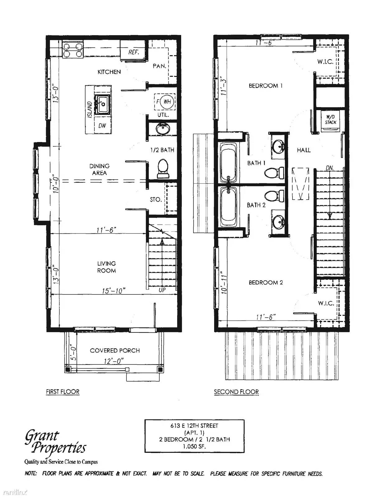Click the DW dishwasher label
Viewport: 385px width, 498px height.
pos(102,126)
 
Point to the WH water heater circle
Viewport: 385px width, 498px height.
pos(167,101)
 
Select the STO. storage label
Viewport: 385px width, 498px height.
pos(156,200)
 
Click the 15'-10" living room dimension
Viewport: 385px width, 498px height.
pos(114,291)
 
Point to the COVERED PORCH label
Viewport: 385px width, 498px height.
pos(115,350)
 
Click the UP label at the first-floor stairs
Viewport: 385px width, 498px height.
pos(162,290)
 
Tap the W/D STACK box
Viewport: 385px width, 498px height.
pos(331,120)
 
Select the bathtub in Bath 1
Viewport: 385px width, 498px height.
pos(228,162)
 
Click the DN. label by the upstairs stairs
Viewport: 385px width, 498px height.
pos(330,168)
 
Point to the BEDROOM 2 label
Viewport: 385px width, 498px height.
pos(265,283)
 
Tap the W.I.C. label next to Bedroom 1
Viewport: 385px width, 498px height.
pos(325,62)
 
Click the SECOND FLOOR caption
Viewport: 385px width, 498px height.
pos(236,392)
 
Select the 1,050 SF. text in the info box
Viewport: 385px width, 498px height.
pos(194,446)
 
